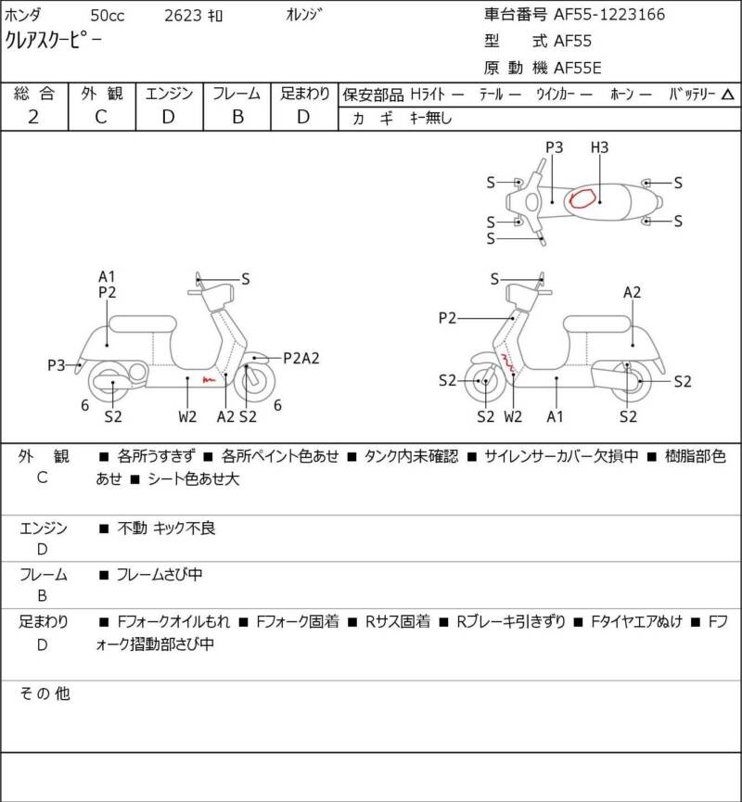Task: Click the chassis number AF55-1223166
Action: pos(609,14)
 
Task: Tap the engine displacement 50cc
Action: pos(108,16)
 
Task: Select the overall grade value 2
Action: pos(33,117)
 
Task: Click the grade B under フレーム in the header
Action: pos(237,117)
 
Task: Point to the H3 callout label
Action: pos(599,147)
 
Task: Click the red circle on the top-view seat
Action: pos(582,197)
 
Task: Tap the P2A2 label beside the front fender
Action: pos(301,358)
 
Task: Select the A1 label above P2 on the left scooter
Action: pos(107,276)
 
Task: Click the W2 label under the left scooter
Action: pos(187,417)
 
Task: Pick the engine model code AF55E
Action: pos(578,68)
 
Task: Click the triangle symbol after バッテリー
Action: pos(728,95)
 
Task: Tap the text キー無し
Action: pos(431,119)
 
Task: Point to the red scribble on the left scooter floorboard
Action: pos(210,379)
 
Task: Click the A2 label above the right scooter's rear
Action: pos(632,293)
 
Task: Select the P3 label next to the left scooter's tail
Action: pos(57,365)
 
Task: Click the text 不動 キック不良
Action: pos(166,528)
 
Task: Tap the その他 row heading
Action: pos(45,694)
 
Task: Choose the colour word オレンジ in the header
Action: pos(304,15)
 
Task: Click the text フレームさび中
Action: pos(160,575)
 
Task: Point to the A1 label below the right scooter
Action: pos(555,417)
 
